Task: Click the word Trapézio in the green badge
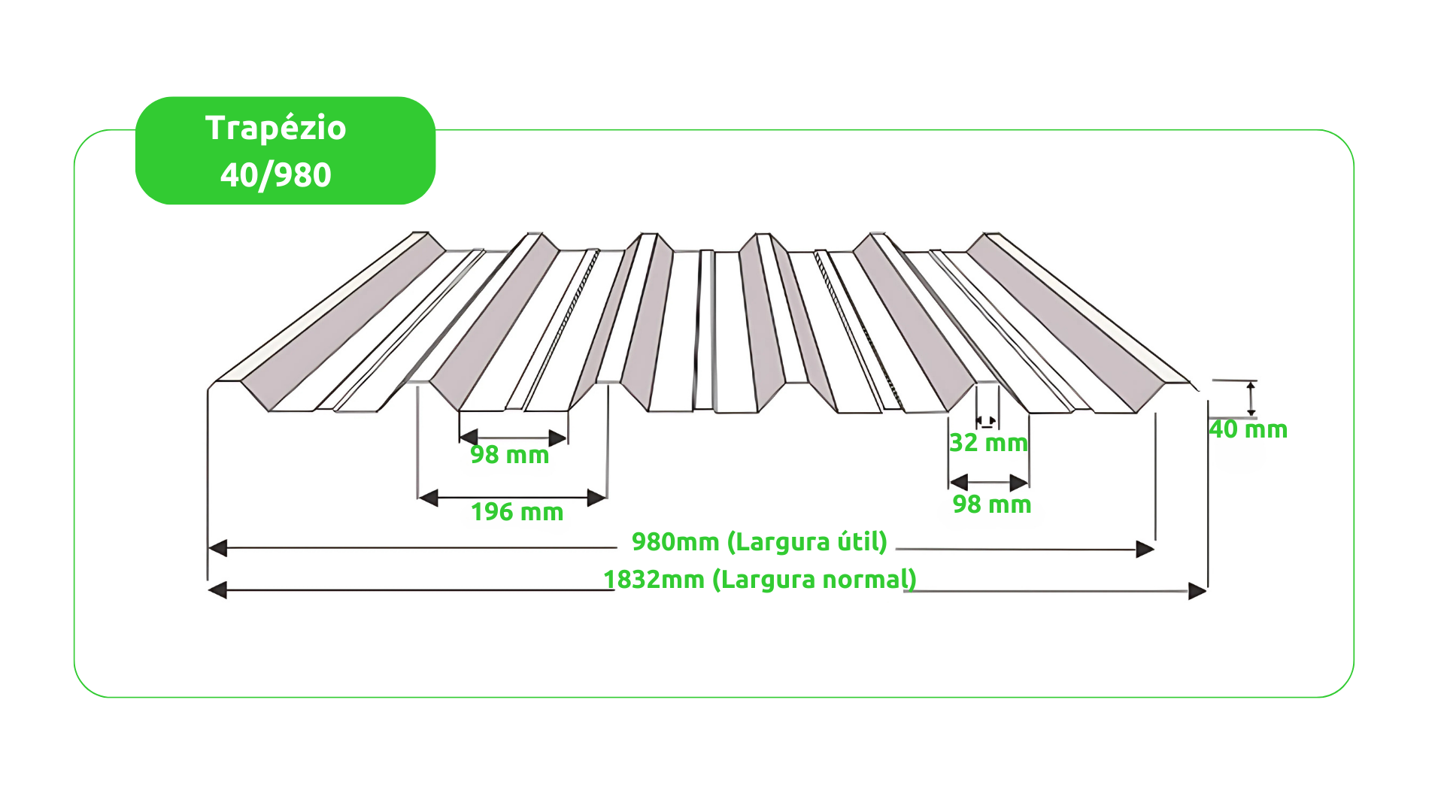click(x=275, y=129)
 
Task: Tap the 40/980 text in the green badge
click(x=275, y=174)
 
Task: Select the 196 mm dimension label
click(x=517, y=512)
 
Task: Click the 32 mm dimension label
click(x=988, y=443)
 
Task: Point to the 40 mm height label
click(x=1248, y=429)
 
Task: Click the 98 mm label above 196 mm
click(x=510, y=455)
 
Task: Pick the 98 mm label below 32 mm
click(x=992, y=504)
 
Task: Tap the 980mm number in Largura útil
click(x=675, y=541)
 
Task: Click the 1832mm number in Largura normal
click(x=654, y=580)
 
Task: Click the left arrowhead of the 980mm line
click(x=217, y=548)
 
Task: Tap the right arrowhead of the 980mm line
click(x=1145, y=550)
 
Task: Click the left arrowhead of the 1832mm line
click(x=217, y=590)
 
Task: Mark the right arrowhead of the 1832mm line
click(x=1197, y=592)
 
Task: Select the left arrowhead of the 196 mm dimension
click(x=428, y=498)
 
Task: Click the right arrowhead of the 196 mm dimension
click(x=597, y=498)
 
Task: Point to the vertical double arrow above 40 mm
click(x=1251, y=398)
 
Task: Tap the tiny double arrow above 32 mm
click(x=987, y=421)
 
